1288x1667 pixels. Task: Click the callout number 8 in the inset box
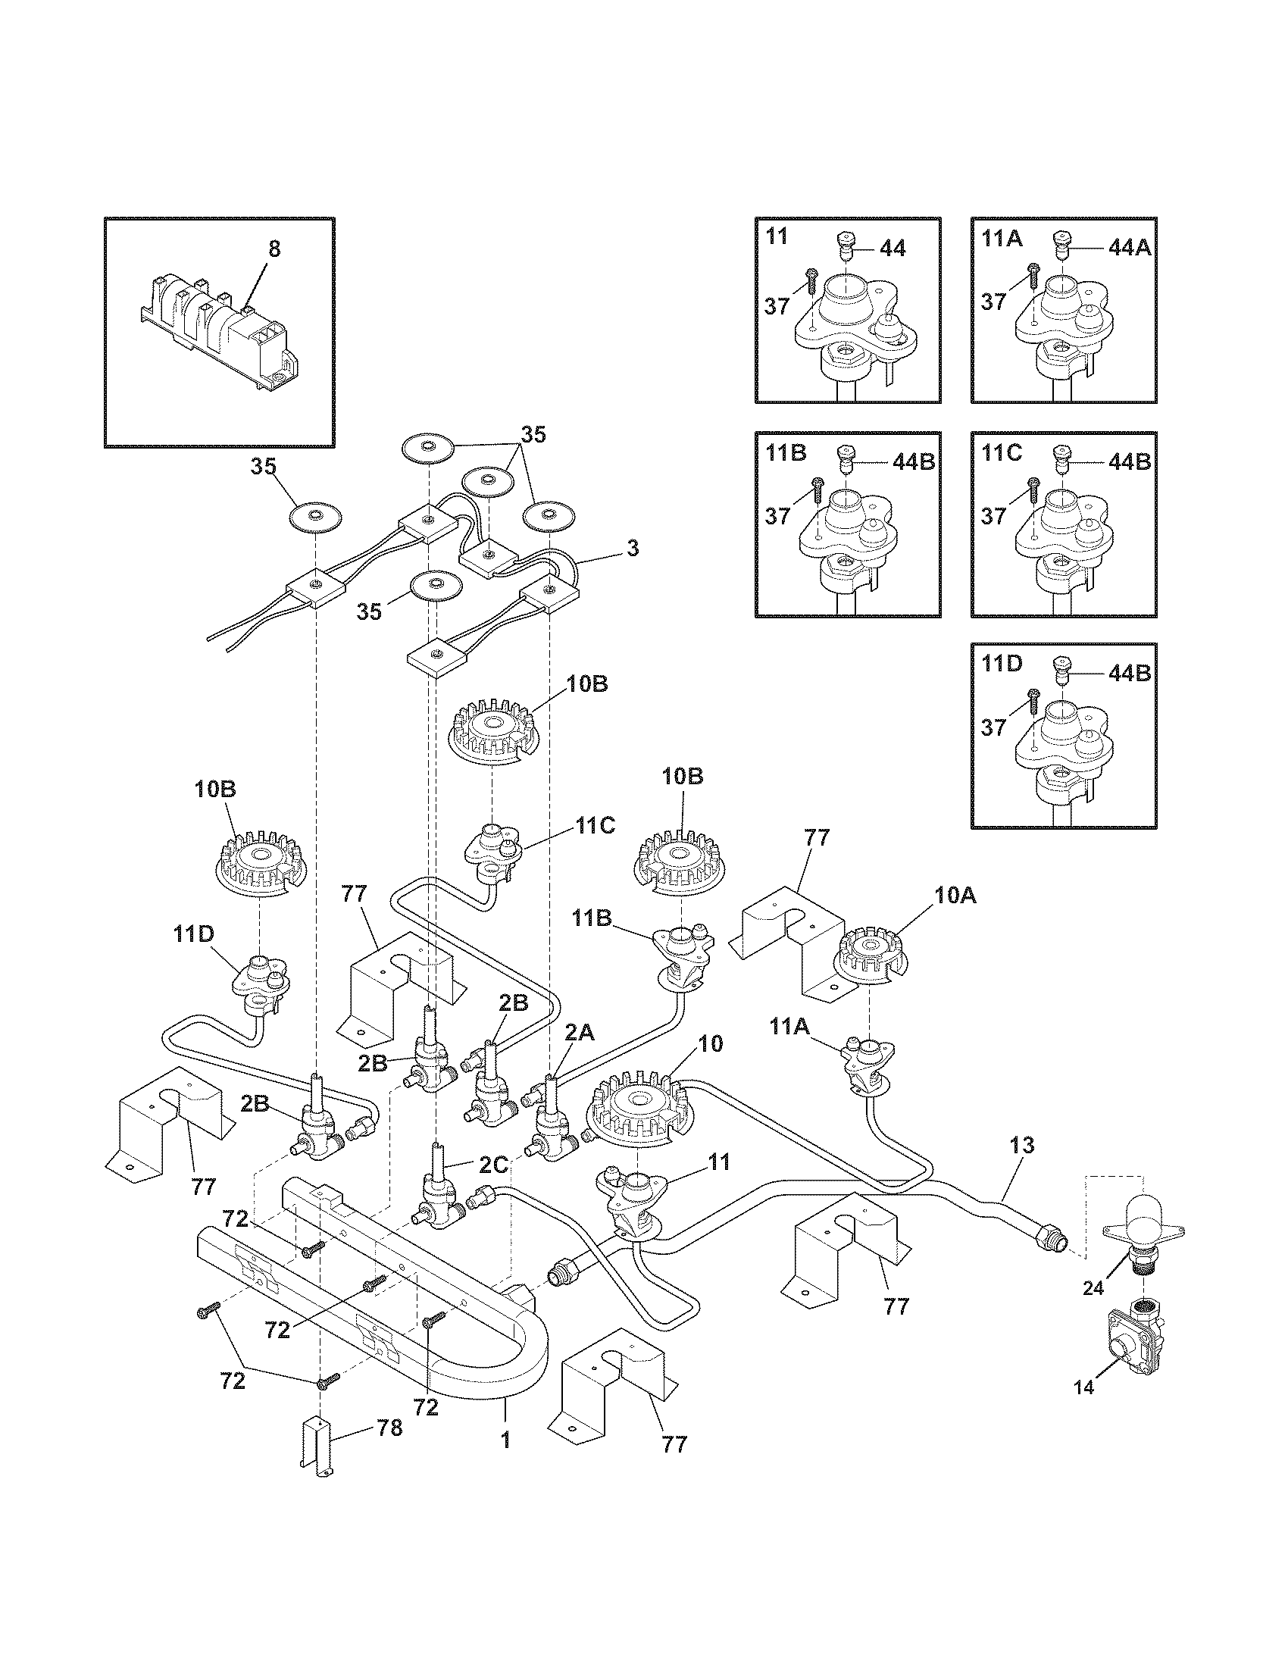click(x=274, y=249)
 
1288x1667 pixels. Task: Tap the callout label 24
click(x=1093, y=1287)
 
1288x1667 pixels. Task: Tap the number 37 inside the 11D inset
click(x=993, y=727)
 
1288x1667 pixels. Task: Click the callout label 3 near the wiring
click(x=632, y=548)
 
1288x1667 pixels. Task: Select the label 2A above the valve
click(x=579, y=1033)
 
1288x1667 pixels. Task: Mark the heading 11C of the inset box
click(x=1001, y=453)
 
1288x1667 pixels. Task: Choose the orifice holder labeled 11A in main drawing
click(x=864, y=1060)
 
